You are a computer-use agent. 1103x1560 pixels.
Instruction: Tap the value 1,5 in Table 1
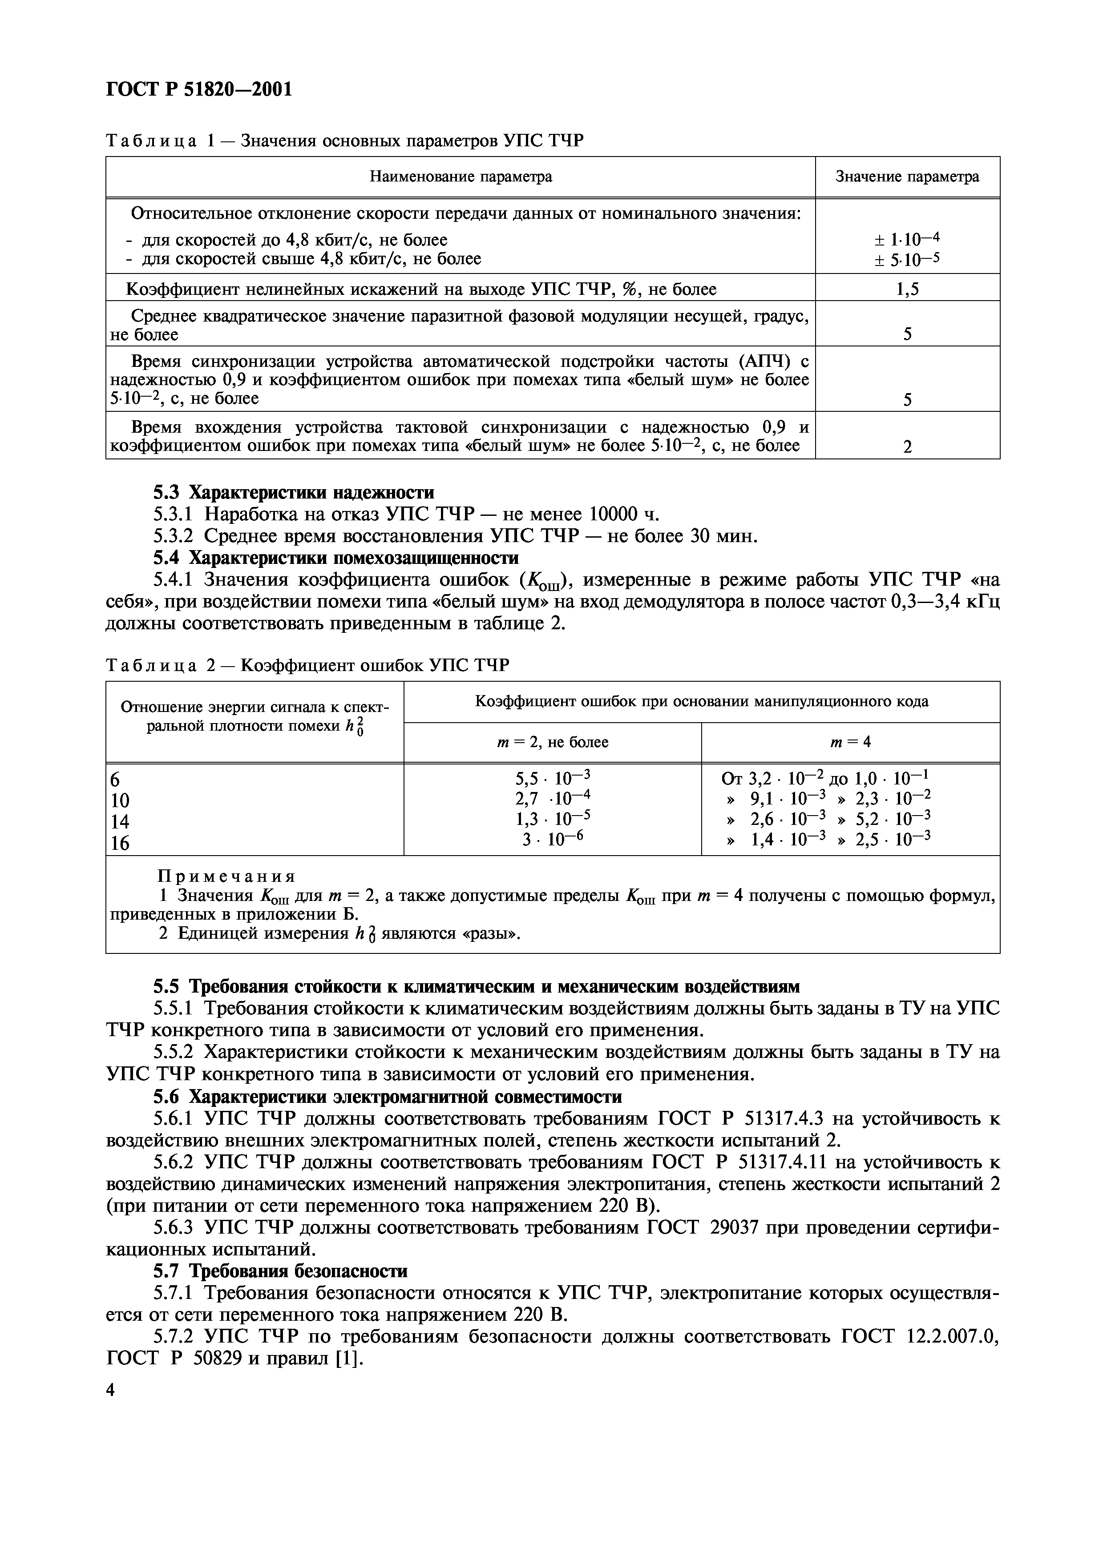pos(907,290)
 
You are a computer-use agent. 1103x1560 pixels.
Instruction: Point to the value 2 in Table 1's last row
pos(907,447)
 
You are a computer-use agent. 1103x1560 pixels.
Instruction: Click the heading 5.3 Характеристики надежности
pos(293,492)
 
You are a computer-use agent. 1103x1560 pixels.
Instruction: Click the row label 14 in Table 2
pos(120,822)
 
